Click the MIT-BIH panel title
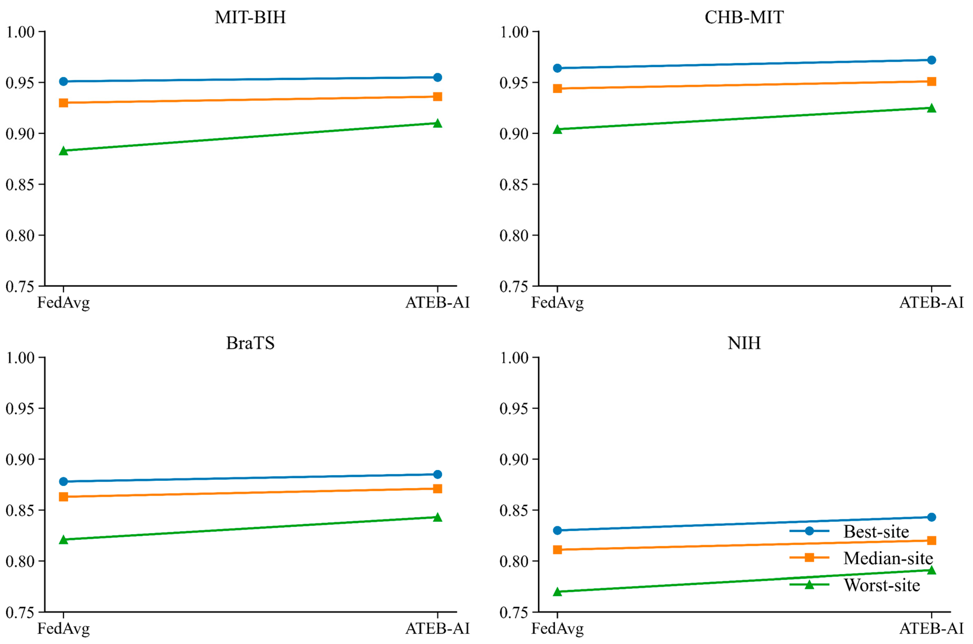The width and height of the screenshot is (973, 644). coord(250,17)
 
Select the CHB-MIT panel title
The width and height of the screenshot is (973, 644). coord(744,17)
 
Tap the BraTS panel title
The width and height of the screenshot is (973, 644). coord(250,343)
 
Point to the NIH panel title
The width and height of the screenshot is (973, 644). coord(744,343)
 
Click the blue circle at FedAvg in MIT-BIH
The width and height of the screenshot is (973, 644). coord(63,81)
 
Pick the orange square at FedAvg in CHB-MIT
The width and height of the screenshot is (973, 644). coord(557,88)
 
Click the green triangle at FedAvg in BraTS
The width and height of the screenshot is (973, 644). coord(63,539)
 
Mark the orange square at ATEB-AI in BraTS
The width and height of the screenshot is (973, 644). coord(437,488)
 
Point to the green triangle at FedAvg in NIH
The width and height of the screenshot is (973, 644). coord(557,591)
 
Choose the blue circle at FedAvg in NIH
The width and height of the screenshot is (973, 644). coord(557,530)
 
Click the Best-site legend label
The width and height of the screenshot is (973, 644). coord(876,531)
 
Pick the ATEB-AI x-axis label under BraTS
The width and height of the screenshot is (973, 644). coord(437,628)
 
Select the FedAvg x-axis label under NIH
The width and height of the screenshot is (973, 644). coord(557,629)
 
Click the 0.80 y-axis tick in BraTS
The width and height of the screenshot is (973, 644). coord(20,561)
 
